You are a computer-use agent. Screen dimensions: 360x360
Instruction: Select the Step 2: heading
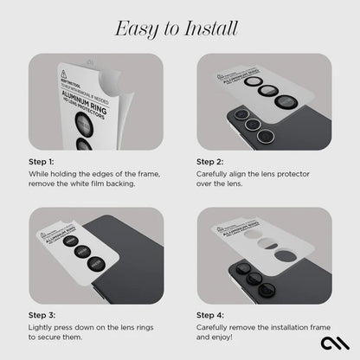point(211,161)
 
